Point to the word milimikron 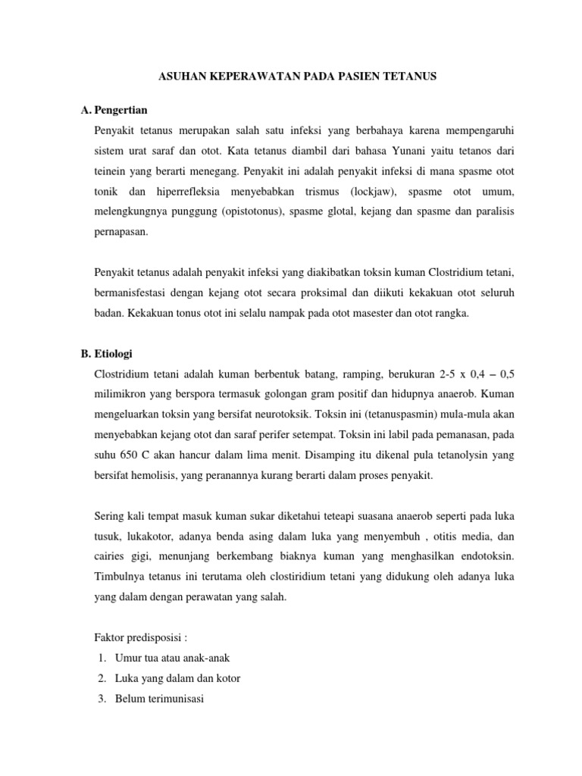123,374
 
